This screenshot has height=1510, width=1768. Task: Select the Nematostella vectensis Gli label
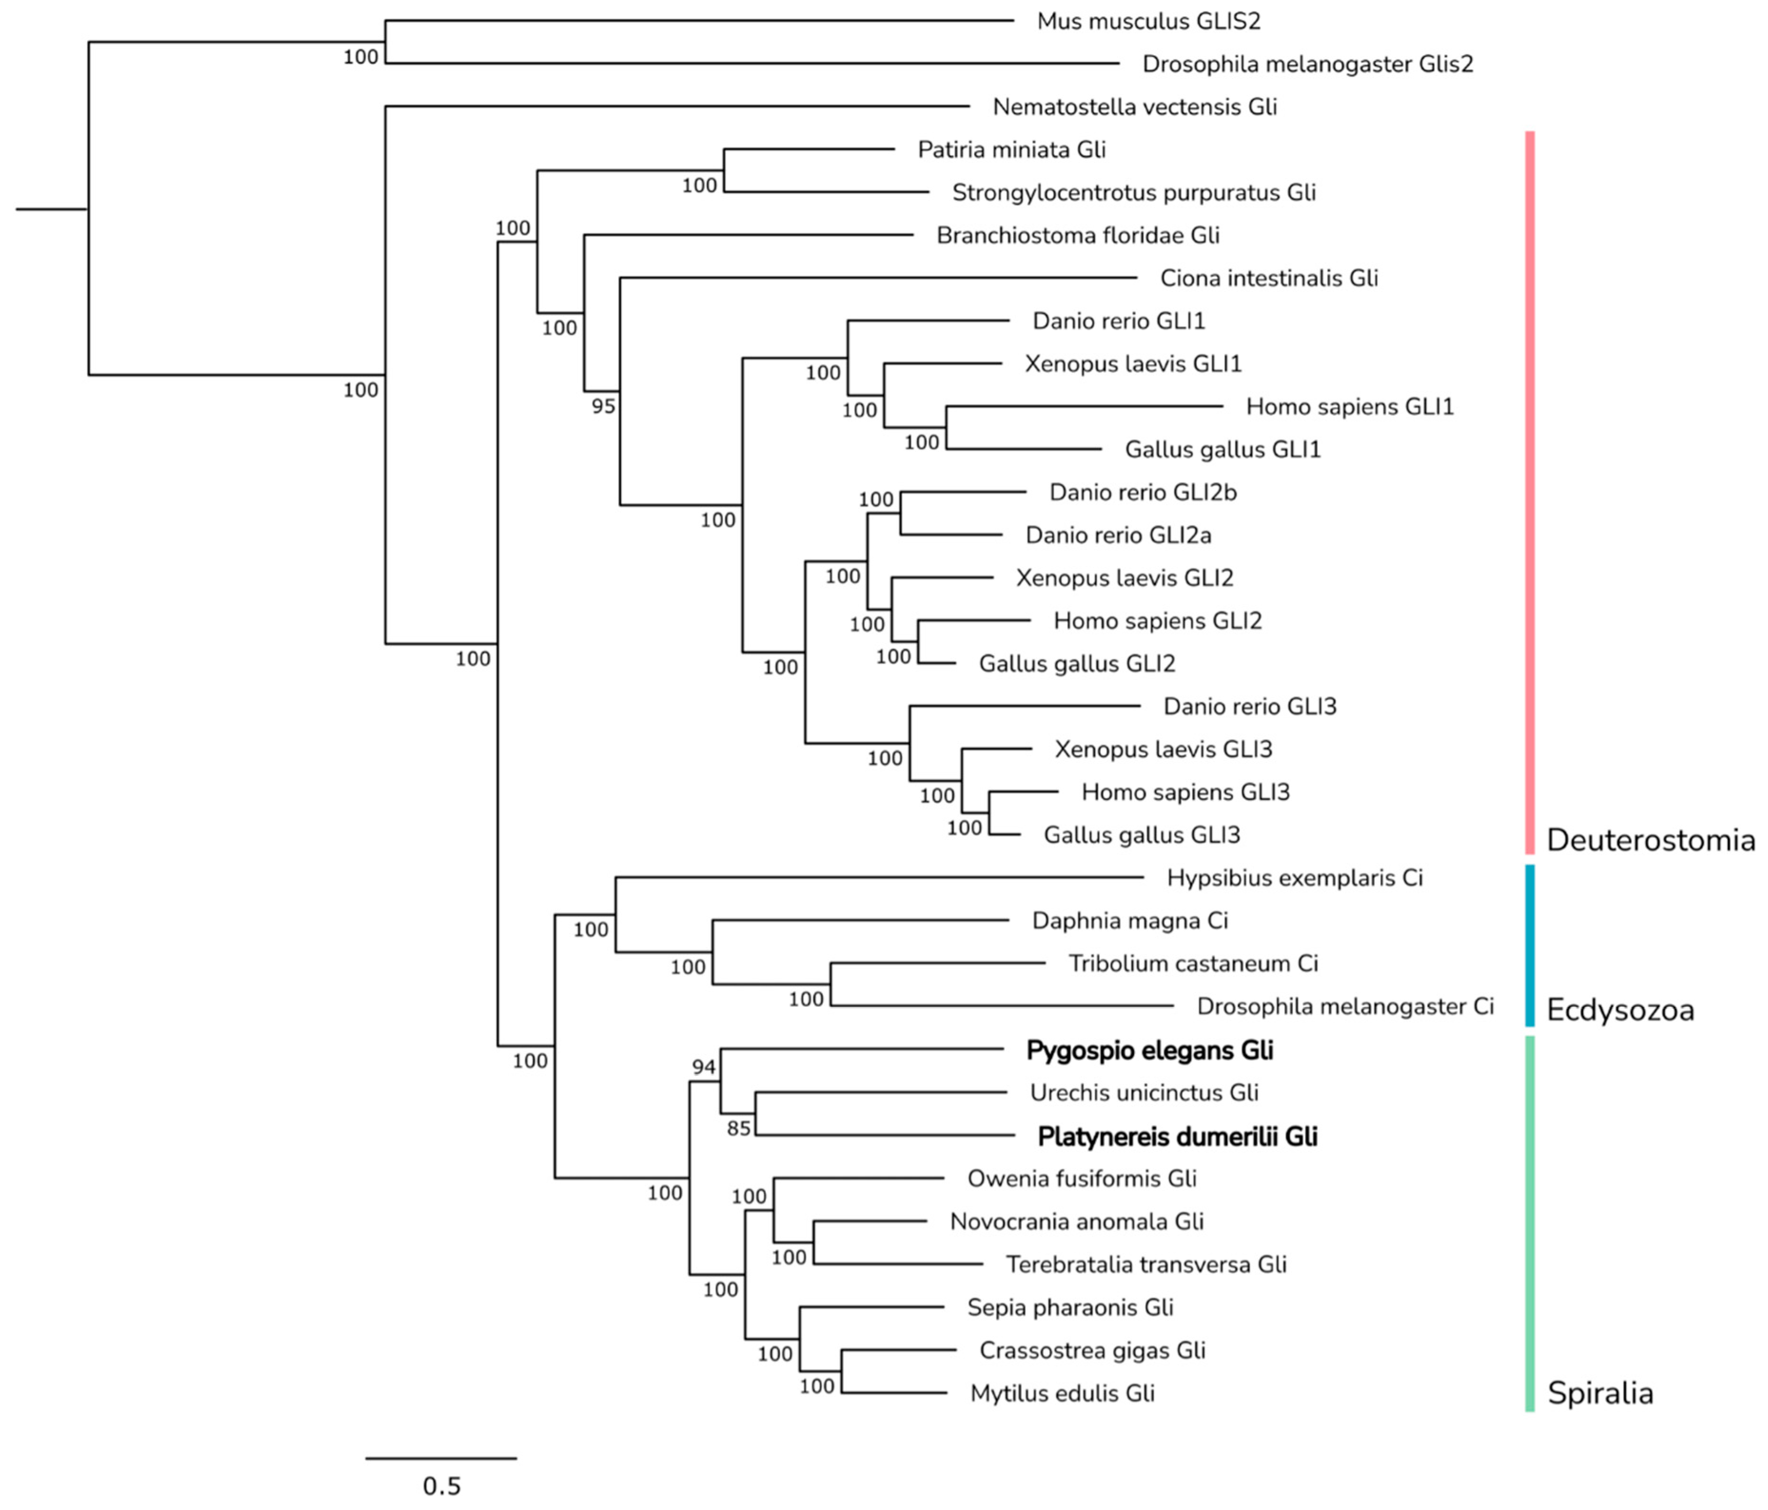1134,107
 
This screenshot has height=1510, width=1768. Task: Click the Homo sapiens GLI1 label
1349,406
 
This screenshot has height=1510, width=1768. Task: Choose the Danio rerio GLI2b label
1142,493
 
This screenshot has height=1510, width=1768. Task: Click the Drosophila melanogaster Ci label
1345,1007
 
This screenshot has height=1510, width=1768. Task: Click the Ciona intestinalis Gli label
1269,278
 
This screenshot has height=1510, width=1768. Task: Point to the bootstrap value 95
603,406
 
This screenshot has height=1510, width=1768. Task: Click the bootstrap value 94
704,1067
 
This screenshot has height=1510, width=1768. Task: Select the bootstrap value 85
739,1128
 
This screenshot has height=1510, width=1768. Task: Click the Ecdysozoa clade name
1620,1011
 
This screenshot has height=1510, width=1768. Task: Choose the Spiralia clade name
1600,1393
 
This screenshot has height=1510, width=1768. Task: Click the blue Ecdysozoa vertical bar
1530,945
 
